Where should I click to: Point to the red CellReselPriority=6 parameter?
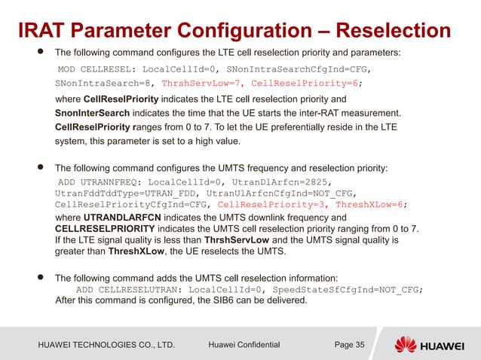click(305, 84)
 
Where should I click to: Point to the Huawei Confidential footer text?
click(243, 345)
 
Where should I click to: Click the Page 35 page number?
click(349, 345)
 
